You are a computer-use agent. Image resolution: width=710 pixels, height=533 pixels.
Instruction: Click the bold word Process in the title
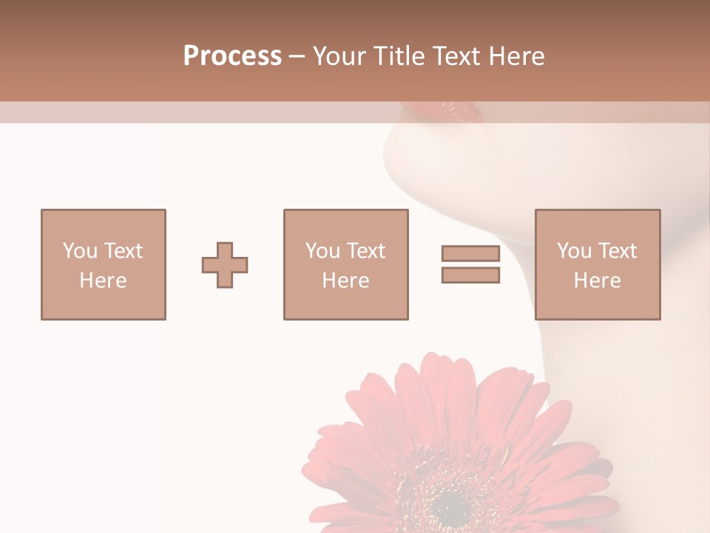[232, 56]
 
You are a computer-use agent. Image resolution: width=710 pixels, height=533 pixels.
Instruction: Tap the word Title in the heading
[399, 56]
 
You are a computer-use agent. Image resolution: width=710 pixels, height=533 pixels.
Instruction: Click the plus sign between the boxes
[225, 265]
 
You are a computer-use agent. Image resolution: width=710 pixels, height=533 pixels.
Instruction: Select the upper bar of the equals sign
[470, 254]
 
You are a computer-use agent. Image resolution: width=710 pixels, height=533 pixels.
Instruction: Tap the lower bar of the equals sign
[470, 275]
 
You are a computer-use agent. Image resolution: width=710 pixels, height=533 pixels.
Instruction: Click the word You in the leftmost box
[80, 251]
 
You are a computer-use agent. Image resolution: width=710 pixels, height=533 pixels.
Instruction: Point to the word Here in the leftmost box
[104, 281]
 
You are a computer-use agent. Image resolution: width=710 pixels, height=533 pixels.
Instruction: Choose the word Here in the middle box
[346, 281]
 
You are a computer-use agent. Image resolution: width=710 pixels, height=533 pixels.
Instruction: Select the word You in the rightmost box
[574, 251]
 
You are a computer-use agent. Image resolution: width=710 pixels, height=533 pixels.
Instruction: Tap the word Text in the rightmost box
[617, 251]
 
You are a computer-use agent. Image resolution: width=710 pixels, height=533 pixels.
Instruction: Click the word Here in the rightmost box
[598, 281]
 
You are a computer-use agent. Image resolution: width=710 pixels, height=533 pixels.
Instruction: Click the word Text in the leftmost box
[123, 251]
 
